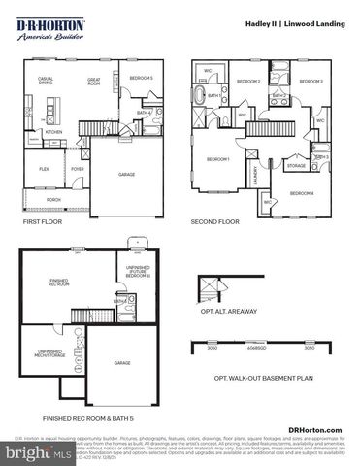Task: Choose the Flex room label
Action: click(44, 168)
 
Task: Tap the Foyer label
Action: click(78, 168)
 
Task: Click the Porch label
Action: click(54, 201)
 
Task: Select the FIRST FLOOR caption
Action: click(41, 221)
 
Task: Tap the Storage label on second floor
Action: click(296, 166)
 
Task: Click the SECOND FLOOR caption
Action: click(214, 221)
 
